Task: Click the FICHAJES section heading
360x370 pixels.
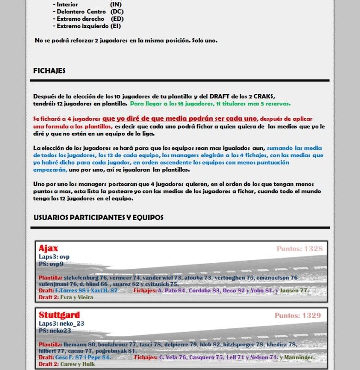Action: point(50,71)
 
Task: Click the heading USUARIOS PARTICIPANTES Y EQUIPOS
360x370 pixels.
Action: point(99,217)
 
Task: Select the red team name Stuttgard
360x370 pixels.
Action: point(59,315)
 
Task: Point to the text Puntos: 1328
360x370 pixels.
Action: point(299,249)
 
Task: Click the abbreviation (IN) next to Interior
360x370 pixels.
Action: point(116,4)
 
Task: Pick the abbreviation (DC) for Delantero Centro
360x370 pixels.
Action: point(117,12)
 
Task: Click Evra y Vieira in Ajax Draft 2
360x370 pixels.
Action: point(77,297)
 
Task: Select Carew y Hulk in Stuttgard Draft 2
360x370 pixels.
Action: point(77,364)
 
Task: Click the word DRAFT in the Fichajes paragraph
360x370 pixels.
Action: point(221,96)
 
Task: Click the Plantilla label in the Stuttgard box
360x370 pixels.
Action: point(50,345)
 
